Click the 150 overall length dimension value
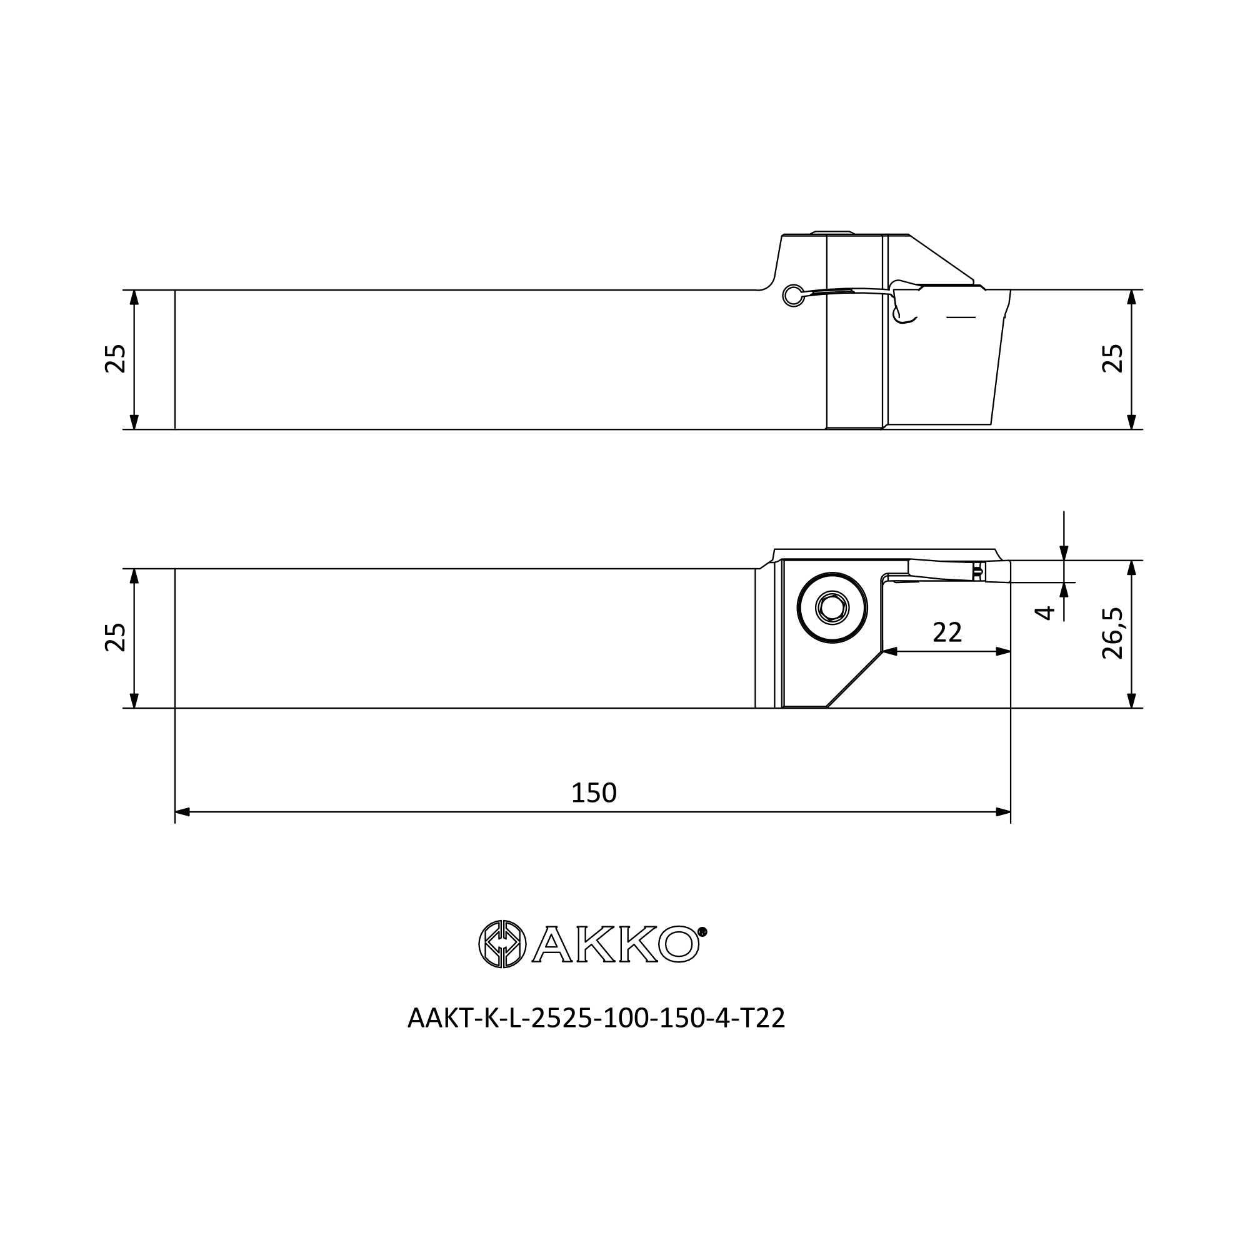pyautogui.click(x=593, y=793)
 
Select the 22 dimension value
pyautogui.click(x=947, y=632)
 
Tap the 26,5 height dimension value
pyautogui.click(x=1113, y=633)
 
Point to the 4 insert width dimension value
pyautogui.click(x=1045, y=612)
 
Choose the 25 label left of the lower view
pyautogui.click(x=115, y=637)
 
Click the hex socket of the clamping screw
pyautogui.click(x=832, y=607)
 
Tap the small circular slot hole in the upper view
pyautogui.click(x=793, y=296)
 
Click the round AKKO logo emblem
pyautogui.click(x=502, y=944)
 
